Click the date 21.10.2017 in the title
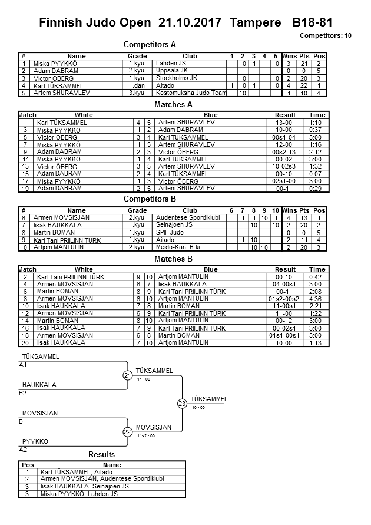[x=190, y=23]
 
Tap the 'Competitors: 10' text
[x=326, y=35]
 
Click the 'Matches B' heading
[x=173, y=259]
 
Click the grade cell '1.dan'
[x=137, y=86]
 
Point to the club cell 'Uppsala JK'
[x=172, y=71]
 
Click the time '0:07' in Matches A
[x=317, y=174]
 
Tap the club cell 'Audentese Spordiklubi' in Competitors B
[x=188, y=217]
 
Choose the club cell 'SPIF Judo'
[x=170, y=233]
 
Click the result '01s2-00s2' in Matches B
[x=285, y=299]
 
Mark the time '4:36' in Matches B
[x=317, y=299]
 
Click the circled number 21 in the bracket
[x=128, y=376]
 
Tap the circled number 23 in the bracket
[x=182, y=404]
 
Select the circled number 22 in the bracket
[x=128, y=432]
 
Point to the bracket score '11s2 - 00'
[x=145, y=436]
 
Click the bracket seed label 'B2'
[x=23, y=393]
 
